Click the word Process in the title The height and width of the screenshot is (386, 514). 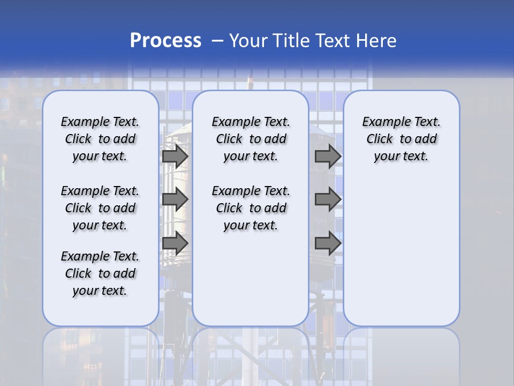(x=165, y=41)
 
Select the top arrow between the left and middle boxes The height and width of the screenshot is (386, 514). (x=175, y=156)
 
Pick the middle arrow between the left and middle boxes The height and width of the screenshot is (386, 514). (x=175, y=199)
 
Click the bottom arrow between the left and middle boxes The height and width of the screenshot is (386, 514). (x=175, y=243)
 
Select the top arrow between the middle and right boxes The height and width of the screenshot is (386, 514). (x=328, y=156)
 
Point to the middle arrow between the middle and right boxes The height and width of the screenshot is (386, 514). (x=328, y=199)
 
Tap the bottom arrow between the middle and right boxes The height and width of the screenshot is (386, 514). (x=328, y=243)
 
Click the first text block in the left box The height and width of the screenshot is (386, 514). (x=100, y=139)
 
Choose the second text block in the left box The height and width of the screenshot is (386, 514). (x=100, y=208)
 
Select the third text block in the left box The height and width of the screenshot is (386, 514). (x=100, y=273)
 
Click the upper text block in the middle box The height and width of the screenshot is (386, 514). (x=251, y=139)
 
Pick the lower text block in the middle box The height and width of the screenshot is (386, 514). (x=251, y=208)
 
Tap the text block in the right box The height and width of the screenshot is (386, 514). (x=402, y=139)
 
